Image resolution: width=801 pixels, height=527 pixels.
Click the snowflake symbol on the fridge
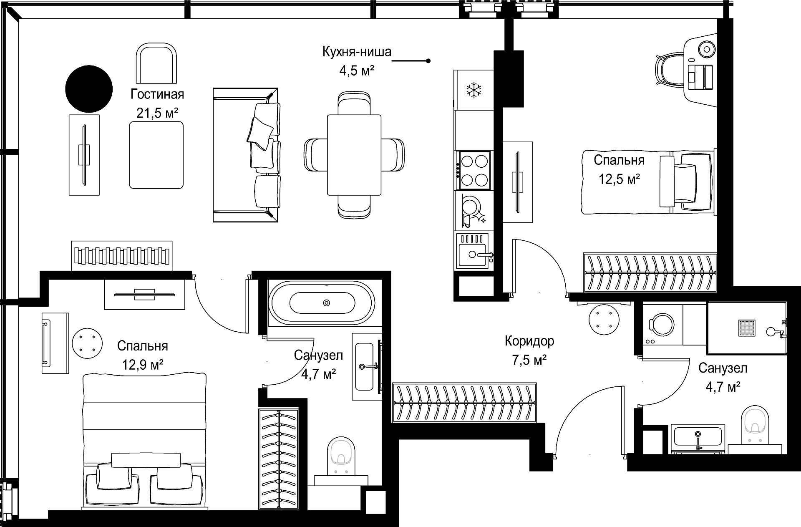coord(474,90)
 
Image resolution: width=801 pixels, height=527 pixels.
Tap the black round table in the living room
coord(89,89)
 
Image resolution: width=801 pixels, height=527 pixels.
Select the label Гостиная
coord(157,94)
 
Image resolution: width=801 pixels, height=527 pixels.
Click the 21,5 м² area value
coord(157,113)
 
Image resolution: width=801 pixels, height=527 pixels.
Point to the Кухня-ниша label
coord(357,52)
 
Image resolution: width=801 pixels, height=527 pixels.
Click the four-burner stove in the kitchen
coord(474,170)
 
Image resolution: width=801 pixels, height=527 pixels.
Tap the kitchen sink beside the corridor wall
coord(474,250)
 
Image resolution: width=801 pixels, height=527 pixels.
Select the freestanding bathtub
coord(323,303)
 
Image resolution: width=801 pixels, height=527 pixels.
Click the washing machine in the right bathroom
coord(662,325)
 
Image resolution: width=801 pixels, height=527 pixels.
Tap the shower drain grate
coord(747,328)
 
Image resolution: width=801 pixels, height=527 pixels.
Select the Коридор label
coord(529,341)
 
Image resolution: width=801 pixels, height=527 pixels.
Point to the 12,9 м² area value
coord(143,365)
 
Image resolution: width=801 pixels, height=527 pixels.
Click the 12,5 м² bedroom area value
coord(620,179)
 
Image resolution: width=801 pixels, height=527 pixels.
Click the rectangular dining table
coord(354,155)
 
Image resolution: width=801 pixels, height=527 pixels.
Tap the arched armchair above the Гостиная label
coord(156,64)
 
